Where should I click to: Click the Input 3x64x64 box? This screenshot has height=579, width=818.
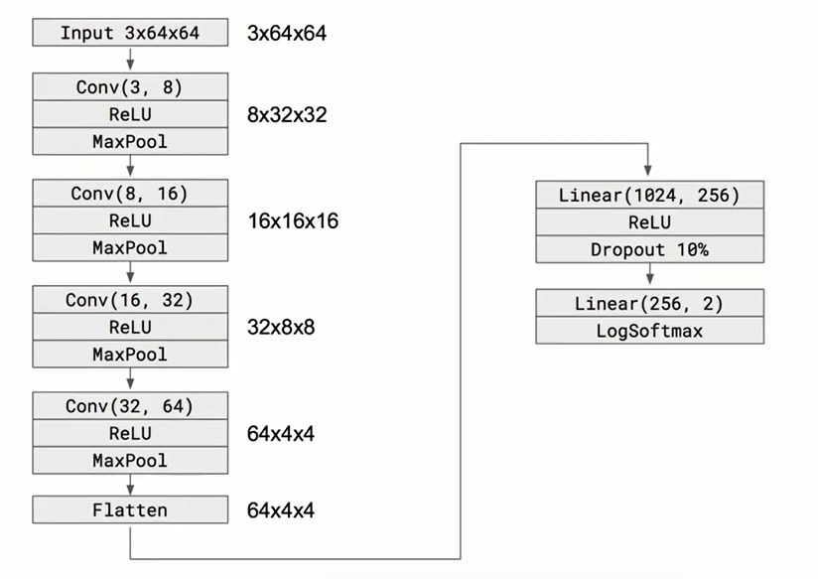[130, 33]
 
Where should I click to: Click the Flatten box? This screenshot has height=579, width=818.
[130, 510]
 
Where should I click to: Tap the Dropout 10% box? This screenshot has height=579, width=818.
[649, 249]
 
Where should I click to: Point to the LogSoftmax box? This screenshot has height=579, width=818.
[649, 331]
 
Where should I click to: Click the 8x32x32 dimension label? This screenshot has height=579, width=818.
[287, 115]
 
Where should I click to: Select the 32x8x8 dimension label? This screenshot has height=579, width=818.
[281, 327]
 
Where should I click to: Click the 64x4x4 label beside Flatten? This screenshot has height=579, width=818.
[281, 510]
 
